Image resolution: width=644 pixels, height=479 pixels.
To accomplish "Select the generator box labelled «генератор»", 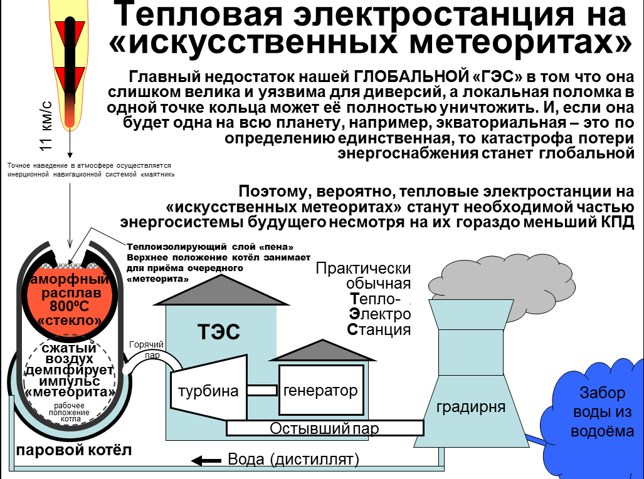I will pos(320,391).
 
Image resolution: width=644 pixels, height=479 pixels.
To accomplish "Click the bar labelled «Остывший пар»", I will pos(324,428).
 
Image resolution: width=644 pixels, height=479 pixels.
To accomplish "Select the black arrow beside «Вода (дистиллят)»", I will pos(202,461).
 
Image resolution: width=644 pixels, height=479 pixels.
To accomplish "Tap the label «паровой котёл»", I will pos(74,451).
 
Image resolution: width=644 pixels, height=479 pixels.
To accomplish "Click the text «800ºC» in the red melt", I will pos(71,307).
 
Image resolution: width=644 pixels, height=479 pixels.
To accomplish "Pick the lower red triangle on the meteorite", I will pos(70,78).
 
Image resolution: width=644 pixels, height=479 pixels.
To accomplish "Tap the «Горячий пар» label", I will pos(146,349).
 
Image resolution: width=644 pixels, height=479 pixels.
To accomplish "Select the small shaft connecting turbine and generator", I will pos(261,390).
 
